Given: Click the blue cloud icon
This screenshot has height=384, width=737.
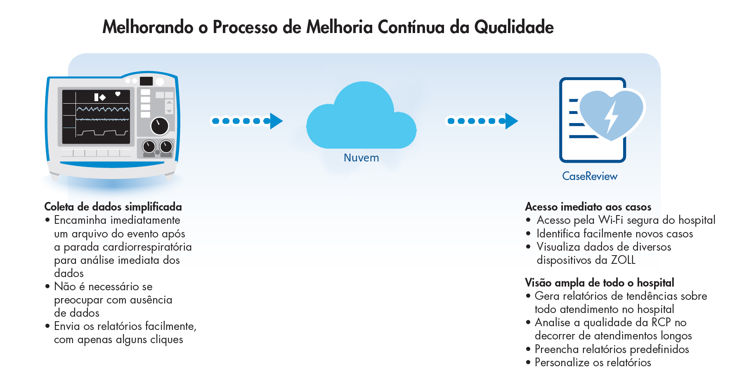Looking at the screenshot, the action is (x=361, y=118).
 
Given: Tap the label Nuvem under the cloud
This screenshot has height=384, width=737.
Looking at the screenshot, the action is (x=361, y=158).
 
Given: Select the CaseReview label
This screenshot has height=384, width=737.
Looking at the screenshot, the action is (x=590, y=176).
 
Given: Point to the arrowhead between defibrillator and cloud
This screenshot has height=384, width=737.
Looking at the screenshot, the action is (x=276, y=121).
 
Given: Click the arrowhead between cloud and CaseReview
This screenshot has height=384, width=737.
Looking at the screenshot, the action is (x=511, y=121).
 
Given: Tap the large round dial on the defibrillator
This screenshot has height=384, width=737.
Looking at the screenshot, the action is (x=159, y=126).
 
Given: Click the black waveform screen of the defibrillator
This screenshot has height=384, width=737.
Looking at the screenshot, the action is (x=96, y=117).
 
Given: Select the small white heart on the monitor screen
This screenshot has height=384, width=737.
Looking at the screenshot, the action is (x=118, y=94).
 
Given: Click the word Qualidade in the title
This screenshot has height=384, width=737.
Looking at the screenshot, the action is (x=514, y=27).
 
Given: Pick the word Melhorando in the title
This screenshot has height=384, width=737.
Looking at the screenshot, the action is (x=148, y=27).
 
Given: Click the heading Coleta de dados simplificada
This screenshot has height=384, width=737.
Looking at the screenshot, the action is (x=113, y=207).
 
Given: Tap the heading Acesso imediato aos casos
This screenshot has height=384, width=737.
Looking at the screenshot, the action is (x=588, y=207).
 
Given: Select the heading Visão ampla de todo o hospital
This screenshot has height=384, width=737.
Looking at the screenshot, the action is (x=600, y=283).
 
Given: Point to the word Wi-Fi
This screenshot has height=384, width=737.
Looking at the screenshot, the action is (x=611, y=220).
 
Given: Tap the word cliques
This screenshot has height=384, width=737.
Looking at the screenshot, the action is (x=167, y=340).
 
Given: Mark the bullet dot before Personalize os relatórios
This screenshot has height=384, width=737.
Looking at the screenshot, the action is (x=528, y=363).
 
